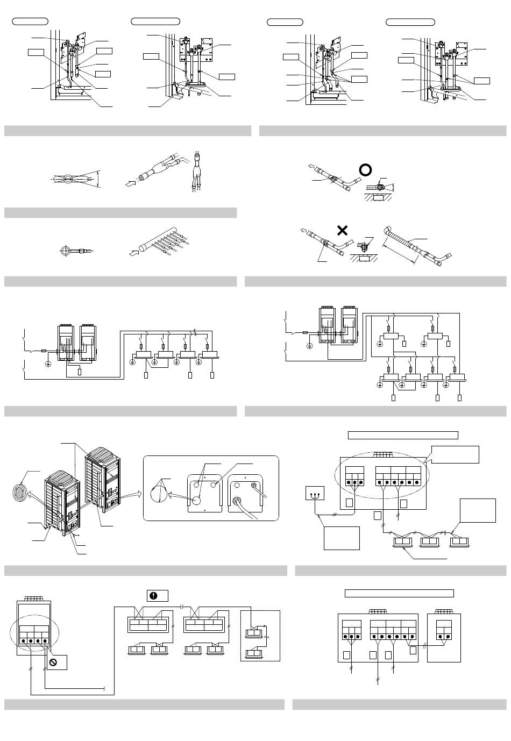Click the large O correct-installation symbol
click(x=365, y=170)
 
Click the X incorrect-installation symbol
click(x=342, y=231)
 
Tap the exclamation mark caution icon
click(x=153, y=596)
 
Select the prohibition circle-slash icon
click(x=54, y=662)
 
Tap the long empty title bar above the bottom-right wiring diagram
click(x=399, y=593)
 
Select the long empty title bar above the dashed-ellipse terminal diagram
click(x=403, y=435)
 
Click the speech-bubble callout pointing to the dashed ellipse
click(x=456, y=454)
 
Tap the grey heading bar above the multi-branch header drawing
click(x=120, y=213)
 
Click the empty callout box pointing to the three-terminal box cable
click(x=342, y=538)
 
